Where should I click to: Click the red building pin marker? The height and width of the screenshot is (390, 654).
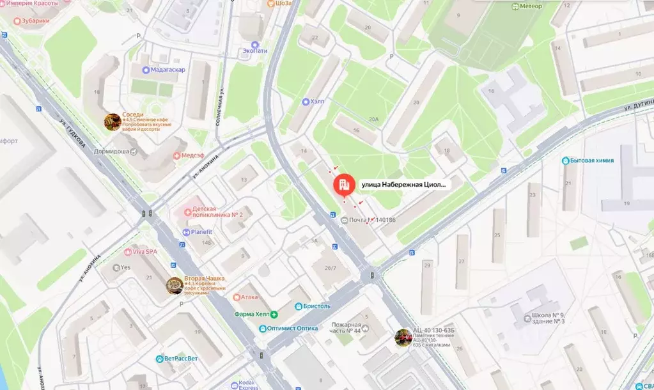pos(343,185)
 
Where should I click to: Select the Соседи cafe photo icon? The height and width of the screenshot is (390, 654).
pos(113,121)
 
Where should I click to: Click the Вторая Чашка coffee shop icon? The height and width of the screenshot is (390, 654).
pos(173,286)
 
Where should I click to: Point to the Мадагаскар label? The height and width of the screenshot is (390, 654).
pos(167,70)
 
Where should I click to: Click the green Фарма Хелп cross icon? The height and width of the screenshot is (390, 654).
pos(274,314)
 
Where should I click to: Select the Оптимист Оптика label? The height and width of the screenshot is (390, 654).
pos(293,328)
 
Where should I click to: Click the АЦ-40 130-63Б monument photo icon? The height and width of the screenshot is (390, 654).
pos(403,338)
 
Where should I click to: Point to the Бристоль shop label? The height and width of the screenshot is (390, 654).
pos(316,306)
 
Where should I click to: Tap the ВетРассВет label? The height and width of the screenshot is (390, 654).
pos(178,359)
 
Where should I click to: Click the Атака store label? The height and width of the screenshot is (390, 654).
pos(249,297)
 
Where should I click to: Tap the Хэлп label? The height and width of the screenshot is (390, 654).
pos(317,102)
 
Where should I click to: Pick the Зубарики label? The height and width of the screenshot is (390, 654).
pos(35,20)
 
